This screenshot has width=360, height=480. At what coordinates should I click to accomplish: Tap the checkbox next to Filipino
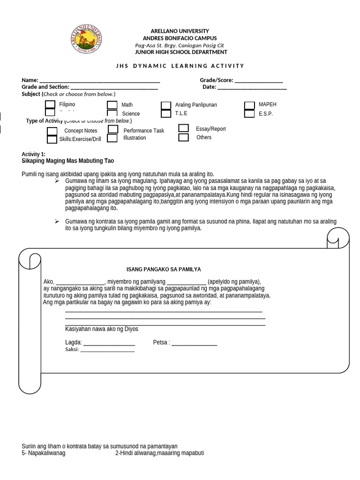point(50,105)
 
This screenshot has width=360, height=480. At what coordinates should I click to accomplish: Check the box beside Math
point(112,105)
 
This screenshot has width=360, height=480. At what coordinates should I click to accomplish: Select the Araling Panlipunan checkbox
point(166,105)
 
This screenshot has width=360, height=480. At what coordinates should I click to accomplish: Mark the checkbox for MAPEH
point(249,105)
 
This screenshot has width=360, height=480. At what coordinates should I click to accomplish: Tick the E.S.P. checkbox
point(249,113)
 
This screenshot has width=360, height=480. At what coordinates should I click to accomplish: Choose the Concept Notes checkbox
point(52,131)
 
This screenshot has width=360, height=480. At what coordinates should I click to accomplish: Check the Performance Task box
point(113,129)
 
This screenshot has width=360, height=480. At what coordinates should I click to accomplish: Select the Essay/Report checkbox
point(184,128)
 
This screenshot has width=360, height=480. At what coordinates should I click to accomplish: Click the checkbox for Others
point(184,137)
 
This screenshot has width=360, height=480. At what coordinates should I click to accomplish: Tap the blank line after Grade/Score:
point(258,81)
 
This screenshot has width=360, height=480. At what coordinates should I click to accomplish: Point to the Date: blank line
point(252,87)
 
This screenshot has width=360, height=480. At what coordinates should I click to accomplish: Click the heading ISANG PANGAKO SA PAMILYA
point(164,270)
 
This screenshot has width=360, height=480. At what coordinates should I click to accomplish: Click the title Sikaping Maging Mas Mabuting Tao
point(68,161)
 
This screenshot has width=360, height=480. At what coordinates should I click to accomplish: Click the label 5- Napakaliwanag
point(44,453)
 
